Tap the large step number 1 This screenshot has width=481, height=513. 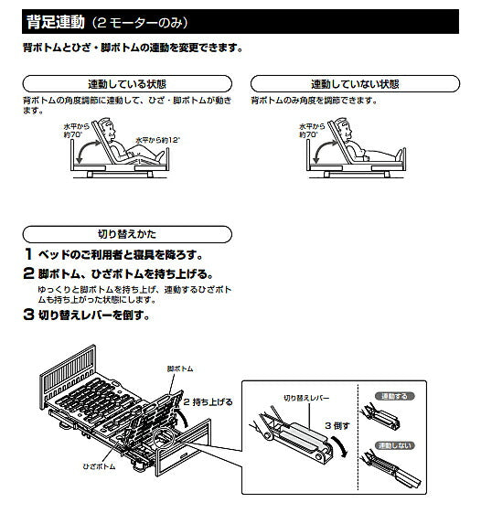coord(29,254)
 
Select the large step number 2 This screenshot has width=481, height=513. coord(29,273)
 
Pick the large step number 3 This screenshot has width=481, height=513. coord(29,315)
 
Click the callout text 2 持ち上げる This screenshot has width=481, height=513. coord(202,401)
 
